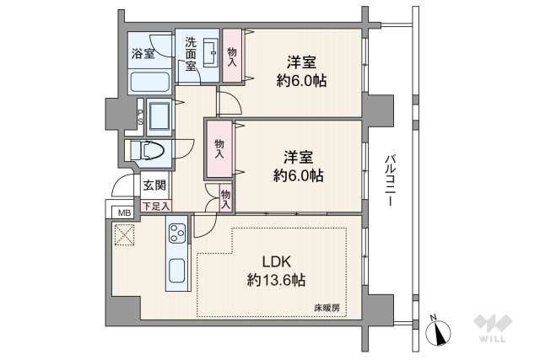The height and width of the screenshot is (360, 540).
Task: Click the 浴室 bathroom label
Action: [143, 54]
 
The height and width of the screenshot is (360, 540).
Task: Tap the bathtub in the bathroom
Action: [150, 82]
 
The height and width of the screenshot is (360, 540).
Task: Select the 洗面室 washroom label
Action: [191, 54]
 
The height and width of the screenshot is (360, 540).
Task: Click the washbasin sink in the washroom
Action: [210, 53]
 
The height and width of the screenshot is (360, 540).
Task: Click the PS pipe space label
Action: [140, 117]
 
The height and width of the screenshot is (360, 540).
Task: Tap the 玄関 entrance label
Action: [154, 185]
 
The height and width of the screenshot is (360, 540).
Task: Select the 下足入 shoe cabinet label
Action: [156, 207]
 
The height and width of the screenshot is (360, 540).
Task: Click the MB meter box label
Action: [125, 213]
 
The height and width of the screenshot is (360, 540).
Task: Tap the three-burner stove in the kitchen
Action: [177, 234]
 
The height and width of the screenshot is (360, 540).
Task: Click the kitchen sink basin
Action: [177, 271]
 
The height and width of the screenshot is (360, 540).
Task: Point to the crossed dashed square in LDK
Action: [124, 234]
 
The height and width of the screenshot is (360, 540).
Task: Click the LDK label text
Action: [277, 262]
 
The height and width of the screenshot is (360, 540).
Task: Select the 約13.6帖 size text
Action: [276, 280]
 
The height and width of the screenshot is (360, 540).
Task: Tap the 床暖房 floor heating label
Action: [327, 308]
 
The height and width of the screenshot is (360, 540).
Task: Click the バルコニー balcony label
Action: [390, 180]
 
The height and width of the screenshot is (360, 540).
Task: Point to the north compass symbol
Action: [438, 330]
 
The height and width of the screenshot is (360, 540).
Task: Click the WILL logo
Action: [493, 328]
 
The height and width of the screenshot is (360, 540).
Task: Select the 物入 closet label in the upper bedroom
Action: [232, 57]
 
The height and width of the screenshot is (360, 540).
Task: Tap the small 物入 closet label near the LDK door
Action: [225, 200]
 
